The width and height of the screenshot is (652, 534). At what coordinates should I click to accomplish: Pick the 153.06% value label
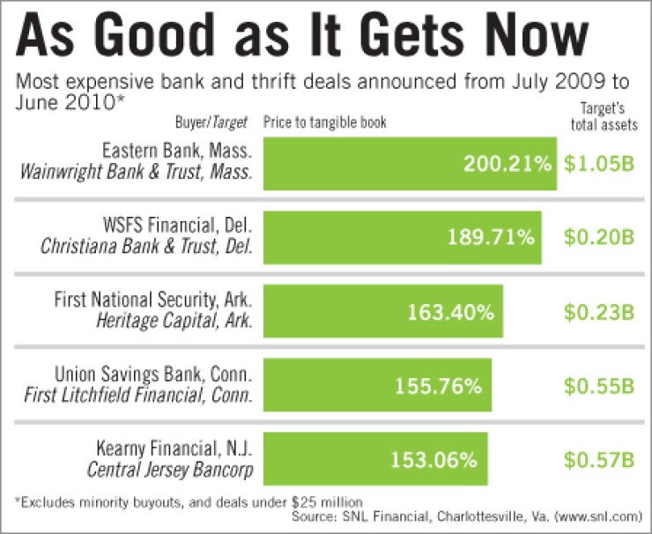coord(433,459)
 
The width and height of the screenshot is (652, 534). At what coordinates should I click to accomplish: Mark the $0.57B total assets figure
coord(599,459)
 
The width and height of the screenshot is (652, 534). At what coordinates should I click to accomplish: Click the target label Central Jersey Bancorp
coord(169,470)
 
